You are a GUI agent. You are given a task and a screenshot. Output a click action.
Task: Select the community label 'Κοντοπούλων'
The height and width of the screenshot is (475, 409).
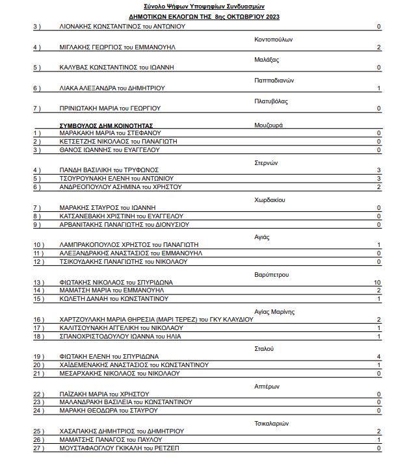click(273, 38)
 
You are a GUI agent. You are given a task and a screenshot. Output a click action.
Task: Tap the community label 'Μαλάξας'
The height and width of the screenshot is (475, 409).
click(267, 59)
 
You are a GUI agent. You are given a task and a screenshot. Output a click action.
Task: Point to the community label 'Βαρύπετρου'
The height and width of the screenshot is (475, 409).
click(271, 274)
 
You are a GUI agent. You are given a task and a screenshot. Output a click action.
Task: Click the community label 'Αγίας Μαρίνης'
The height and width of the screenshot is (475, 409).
click(274, 311)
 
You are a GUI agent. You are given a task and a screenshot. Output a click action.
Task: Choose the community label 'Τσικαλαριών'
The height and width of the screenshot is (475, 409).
click(272, 422)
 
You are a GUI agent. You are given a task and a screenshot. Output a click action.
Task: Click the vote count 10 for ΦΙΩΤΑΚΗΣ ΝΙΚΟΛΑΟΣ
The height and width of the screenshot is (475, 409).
click(376, 281)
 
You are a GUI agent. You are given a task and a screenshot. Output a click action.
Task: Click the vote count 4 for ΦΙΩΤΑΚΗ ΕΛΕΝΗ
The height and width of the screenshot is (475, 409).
click(378, 356)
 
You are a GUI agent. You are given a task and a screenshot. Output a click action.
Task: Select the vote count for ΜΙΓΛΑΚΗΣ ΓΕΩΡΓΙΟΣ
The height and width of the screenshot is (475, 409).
click(378, 47)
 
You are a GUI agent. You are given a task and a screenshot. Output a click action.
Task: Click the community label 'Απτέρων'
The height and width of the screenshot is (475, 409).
click(267, 385)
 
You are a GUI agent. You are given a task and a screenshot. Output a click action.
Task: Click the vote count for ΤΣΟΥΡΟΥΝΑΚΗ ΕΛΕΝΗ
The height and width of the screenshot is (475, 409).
click(378, 179)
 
